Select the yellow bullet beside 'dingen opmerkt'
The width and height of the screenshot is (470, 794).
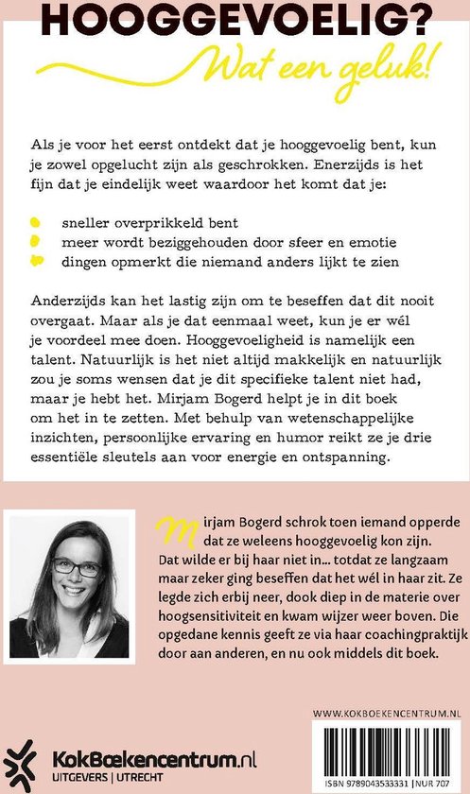coord(36,261)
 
